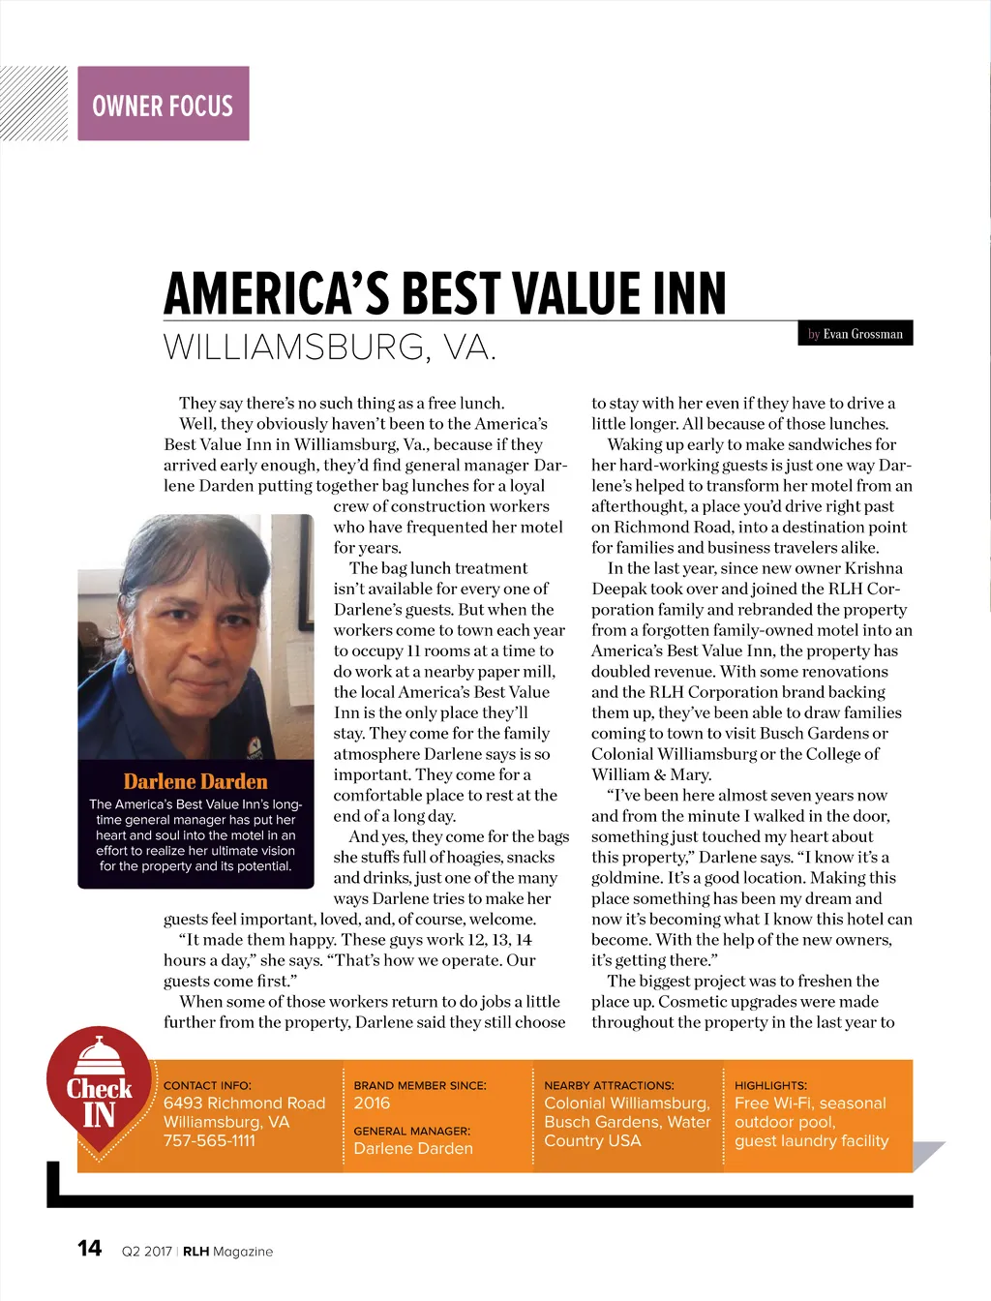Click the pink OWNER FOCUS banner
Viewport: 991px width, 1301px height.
click(163, 104)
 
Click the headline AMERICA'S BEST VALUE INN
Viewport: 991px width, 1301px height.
click(444, 293)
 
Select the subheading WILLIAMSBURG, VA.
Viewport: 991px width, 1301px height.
click(330, 347)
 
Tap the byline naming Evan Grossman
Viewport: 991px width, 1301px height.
click(856, 334)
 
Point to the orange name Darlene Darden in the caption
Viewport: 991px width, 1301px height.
click(195, 781)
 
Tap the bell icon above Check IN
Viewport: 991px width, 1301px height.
click(98, 1055)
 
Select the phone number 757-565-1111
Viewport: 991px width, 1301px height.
click(209, 1140)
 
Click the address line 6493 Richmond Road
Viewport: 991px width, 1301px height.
click(244, 1103)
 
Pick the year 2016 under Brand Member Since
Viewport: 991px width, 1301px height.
click(372, 1103)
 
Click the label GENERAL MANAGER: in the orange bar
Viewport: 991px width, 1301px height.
click(411, 1131)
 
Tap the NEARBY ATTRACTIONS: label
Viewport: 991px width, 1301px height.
click(609, 1085)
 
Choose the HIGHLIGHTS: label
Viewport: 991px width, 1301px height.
click(770, 1085)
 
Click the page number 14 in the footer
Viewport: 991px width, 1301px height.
click(89, 1249)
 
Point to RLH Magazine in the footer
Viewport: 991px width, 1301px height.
click(227, 1252)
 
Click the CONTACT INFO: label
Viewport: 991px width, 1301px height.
click(207, 1085)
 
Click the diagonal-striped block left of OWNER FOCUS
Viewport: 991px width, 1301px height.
click(34, 104)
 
